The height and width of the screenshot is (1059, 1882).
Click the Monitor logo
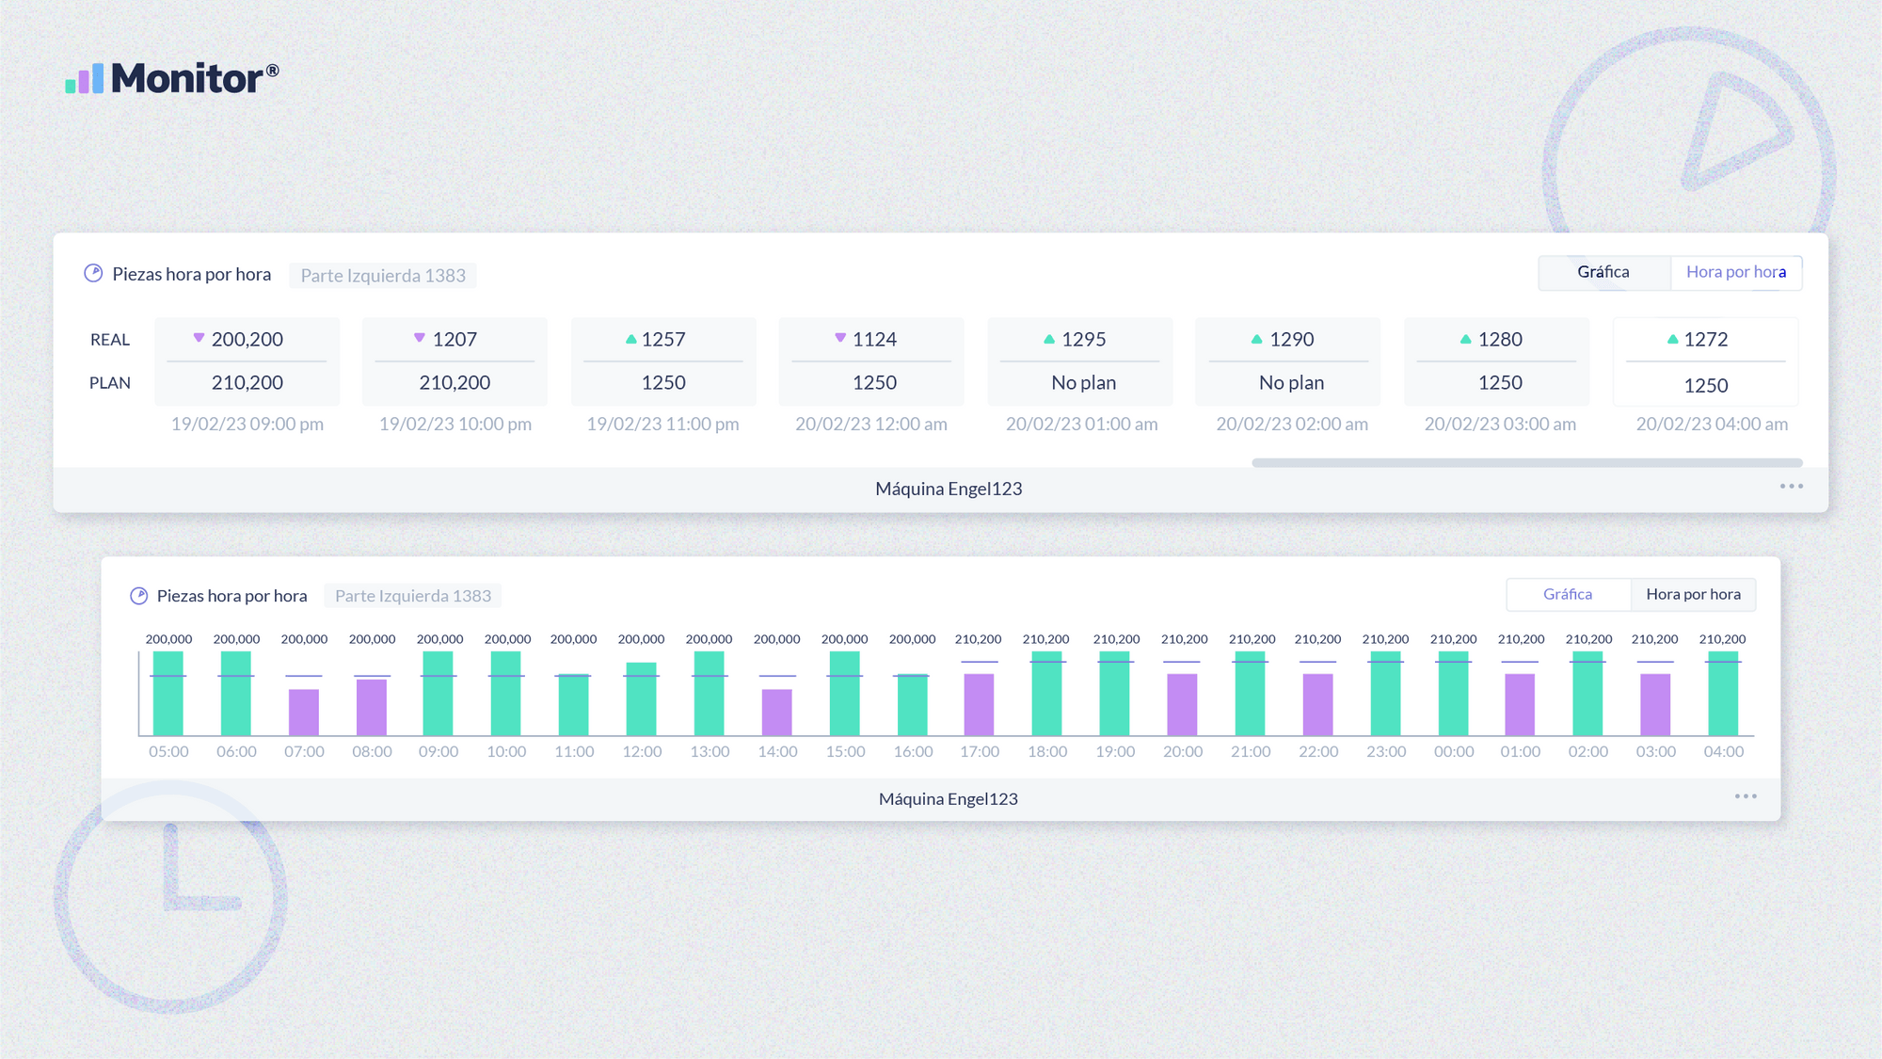(x=172, y=78)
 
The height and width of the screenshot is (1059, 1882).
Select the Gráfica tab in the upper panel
(x=1603, y=272)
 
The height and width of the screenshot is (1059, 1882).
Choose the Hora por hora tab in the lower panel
(x=1693, y=595)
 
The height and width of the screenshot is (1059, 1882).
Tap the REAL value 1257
(x=663, y=340)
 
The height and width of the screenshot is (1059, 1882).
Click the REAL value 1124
(x=874, y=340)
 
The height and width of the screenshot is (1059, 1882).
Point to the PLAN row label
(x=110, y=383)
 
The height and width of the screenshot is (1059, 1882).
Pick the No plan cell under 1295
(x=1083, y=383)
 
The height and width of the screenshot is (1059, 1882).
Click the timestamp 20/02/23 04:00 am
(x=1712, y=425)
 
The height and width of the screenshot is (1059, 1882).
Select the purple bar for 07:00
(x=304, y=712)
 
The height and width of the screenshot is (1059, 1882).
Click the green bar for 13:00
(x=710, y=694)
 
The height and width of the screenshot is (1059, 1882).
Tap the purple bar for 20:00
(x=1182, y=704)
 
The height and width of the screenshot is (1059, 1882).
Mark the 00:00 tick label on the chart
(x=1454, y=752)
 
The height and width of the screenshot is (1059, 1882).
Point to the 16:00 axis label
(x=913, y=752)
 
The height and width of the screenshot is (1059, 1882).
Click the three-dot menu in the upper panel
(x=1792, y=487)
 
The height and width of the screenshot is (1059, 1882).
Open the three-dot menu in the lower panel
(x=1746, y=796)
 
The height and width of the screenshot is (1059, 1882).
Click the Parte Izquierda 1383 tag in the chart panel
(x=413, y=596)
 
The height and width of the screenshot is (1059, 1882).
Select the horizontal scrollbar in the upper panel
(x=1526, y=463)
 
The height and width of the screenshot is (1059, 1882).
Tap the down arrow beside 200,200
(x=199, y=338)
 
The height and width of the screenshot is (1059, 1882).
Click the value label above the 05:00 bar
(x=169, y=639)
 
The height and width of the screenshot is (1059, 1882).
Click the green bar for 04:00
(x=1723, y=694)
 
